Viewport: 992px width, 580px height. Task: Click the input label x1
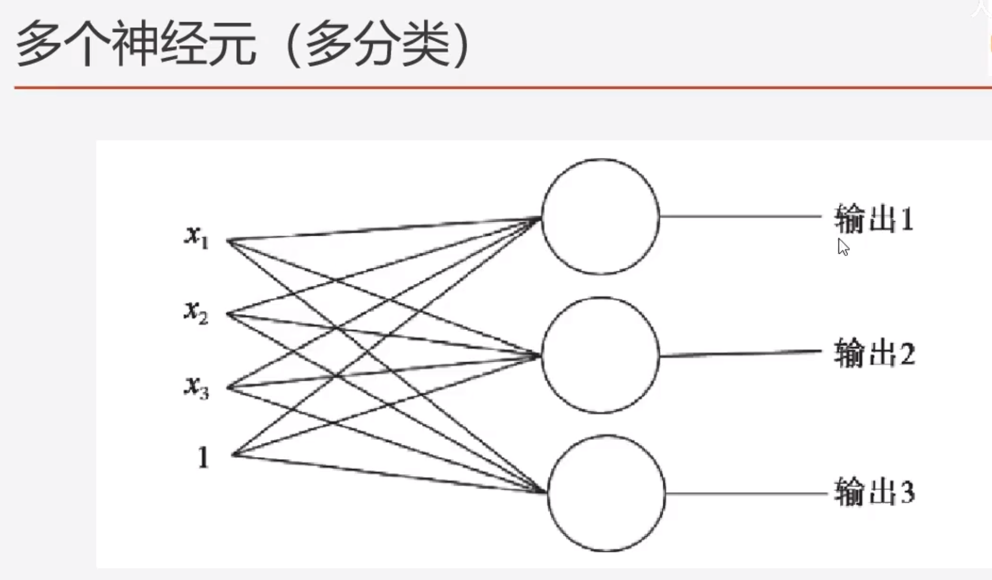196,237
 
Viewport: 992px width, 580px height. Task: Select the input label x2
196,312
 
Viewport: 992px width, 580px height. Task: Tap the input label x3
196,387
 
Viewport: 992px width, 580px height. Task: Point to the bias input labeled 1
203,457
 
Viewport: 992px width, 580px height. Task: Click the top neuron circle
601,217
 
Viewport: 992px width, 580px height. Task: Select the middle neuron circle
601,355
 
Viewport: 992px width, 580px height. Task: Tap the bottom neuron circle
606,493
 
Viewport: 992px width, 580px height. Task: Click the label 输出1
874,219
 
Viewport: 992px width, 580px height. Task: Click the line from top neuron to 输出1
740,217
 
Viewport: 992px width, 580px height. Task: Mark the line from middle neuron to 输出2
740,353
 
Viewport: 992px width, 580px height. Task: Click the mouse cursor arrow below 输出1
843,247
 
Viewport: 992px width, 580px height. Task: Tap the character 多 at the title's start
39,44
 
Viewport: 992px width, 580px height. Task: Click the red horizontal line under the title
502,87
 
